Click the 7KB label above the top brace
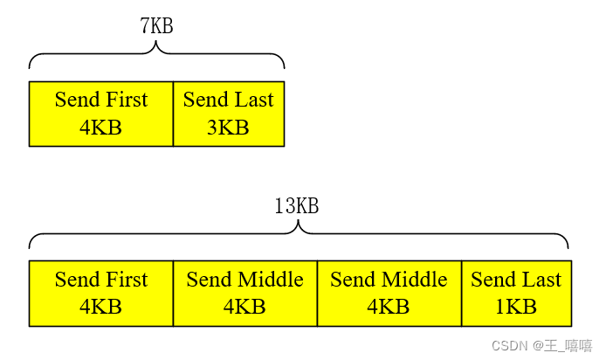[x=157, y=26]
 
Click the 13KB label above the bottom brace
[x=297, y=206]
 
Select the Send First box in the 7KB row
[x=101, y=114]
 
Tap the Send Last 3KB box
[x=229, y=114]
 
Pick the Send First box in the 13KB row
[x=101, y=294]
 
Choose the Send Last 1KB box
[x=516, y=294]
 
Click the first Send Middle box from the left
[x=244, y=294]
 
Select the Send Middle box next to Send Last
[x=389, y=294]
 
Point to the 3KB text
[x=228, y=128]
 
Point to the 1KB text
[x=516, y=308]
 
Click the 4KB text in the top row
[x=101, y=128]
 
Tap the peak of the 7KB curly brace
[x=157, y=43]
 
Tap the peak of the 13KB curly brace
[x=299, y=223]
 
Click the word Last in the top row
[x=253, y=100]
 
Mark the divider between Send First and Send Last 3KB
[x=173, y=114]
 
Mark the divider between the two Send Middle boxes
[x=317, y=294]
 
